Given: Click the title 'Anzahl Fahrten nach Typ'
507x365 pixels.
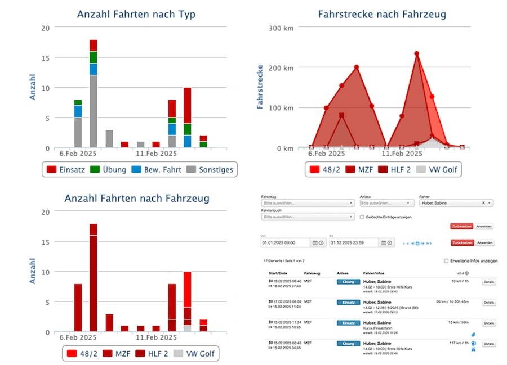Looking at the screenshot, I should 136,15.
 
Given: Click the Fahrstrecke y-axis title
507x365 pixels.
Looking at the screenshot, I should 260,87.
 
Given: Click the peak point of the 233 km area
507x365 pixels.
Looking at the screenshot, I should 417,53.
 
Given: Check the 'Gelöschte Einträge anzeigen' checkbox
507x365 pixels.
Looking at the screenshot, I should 362,217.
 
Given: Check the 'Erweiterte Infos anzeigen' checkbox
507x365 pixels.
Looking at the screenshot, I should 446,261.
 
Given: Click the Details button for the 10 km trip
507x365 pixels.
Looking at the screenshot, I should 488,282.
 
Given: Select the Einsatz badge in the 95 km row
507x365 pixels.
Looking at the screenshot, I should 348,302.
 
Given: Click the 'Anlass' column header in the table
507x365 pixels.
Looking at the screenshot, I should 342,273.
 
